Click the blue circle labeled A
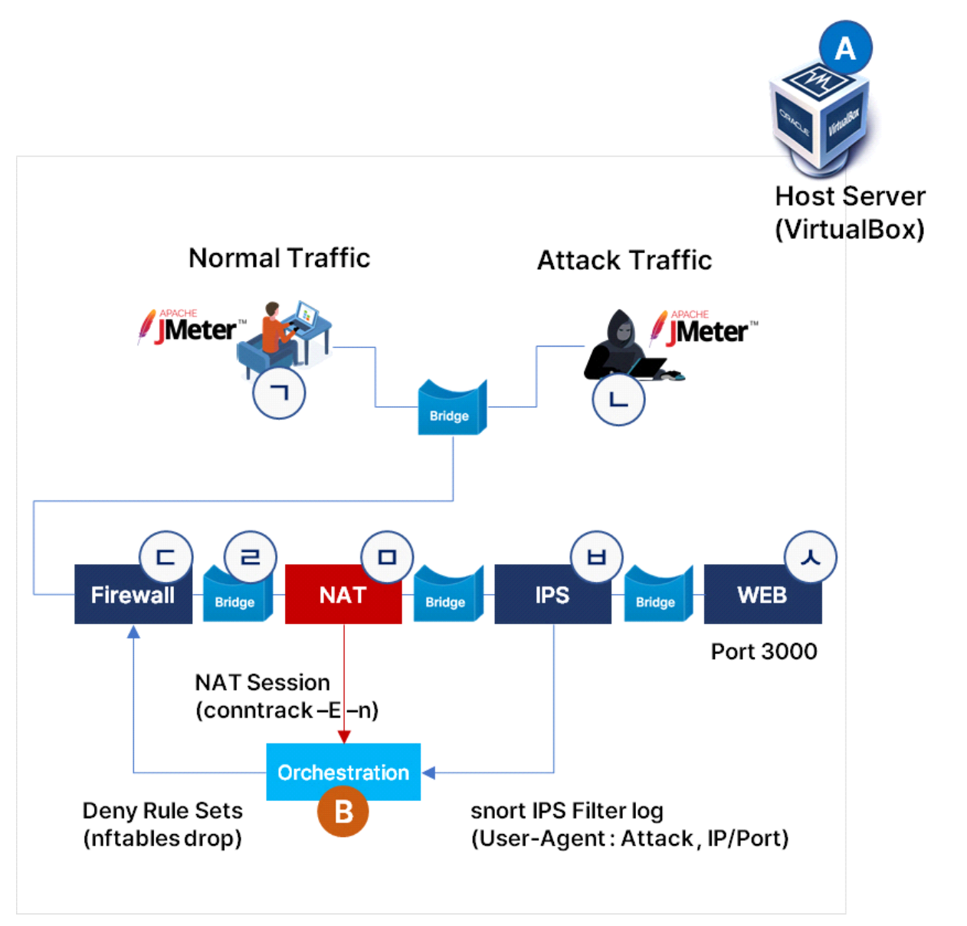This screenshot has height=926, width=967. tap(845, 48)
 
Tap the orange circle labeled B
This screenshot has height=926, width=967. tap(343, 812)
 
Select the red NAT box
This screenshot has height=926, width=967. tap(343, 595)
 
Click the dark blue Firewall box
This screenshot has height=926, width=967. tap(133, 595)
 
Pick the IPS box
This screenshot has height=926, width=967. tap(552, 595)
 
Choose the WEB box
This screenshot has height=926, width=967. tap(762, 595)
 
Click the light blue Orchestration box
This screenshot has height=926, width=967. tap(343, 772)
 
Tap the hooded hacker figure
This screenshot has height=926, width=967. tap(622, 345)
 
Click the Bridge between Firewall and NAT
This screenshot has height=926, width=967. tap(235, 595)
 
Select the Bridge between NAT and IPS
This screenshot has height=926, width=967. tap(447, 595)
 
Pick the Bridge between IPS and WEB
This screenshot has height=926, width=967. tap(657, 595)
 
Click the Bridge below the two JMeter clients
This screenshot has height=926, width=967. tap(451, 408)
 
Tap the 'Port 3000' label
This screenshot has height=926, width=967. tap(764, 652)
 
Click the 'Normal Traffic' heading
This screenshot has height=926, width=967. tap(279, 258)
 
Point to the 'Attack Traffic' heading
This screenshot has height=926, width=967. tap(624, 261)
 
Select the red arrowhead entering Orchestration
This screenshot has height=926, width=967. tap(344, 737)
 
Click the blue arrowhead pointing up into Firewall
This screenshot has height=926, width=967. tap(133, 632)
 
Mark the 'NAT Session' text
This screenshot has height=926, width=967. tap(262, 682)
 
